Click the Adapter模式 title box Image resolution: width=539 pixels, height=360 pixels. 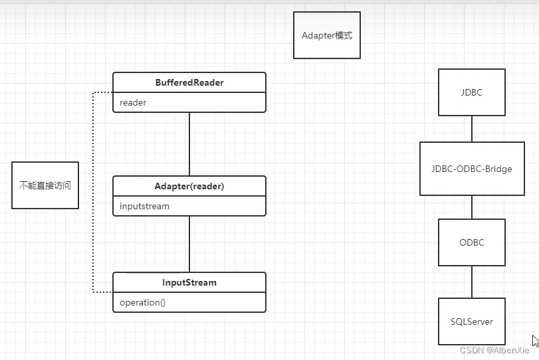click(x=327, y=35)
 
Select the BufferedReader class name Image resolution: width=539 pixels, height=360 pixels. click(x=189, y=83)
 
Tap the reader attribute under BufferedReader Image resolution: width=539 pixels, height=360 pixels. click(x=133, y=103)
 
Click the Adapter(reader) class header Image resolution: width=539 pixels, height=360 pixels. click(x=189, y=187)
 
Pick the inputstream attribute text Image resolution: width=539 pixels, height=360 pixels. click(x=144, y=207)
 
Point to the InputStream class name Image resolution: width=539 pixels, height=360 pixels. click(x=189, y=282)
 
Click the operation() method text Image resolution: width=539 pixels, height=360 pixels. click(x=142, y=303)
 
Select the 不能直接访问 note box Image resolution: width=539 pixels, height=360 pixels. click(x=45, y=185)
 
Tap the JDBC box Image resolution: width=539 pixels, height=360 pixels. click(x=472, y=92)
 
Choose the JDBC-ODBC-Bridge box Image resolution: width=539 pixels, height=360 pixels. click(x=472, y=169)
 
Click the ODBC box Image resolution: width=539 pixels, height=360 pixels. click(x=472, y=242)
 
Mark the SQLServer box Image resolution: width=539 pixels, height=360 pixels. click(x=472, y=321)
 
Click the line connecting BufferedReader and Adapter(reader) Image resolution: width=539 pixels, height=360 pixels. click(x=189, y=143)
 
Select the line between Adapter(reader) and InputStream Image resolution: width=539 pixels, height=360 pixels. click(x=189, y=244)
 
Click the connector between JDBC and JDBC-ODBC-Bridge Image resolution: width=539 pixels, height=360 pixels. click(x=472, y=129)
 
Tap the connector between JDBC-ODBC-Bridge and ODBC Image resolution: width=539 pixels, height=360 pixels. click(x=472, y=207)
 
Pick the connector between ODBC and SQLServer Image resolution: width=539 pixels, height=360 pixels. click(x=472, y=282)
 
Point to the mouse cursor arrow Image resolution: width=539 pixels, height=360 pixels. click(x=536, y=341)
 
